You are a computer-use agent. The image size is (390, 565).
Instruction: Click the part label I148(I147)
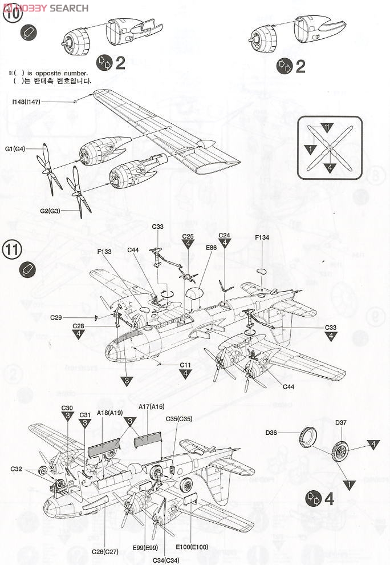[25, 102]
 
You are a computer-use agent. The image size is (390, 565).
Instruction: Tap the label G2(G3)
[50, 211]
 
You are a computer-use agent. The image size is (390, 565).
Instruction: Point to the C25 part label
[188, 236]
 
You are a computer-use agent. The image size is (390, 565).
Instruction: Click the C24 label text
[224, 236]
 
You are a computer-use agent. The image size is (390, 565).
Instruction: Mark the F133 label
[105, 251]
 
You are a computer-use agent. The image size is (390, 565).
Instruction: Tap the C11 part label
[185, 365]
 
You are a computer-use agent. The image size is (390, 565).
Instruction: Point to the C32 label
[17, 469]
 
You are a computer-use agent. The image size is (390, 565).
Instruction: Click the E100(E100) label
[192, 547]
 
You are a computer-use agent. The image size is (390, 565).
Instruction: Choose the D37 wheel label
[341, 423]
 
